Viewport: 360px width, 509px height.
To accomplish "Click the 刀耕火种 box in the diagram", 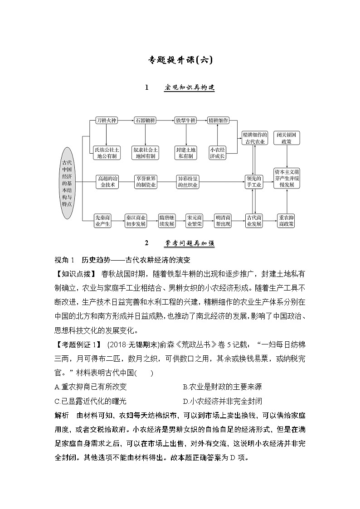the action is (x=107, y=120).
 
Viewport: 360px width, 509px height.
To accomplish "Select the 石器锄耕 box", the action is (x=145, y=120).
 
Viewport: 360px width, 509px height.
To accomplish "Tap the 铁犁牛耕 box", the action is (x=185, y=120).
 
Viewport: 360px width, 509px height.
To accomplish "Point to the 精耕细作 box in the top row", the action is (x=218, y=120).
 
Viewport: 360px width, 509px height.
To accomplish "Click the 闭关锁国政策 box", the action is (x=287, y=138).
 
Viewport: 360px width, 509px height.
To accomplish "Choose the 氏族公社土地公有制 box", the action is (x=107, y=152).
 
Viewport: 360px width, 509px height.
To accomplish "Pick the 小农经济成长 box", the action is (x=218, y=152).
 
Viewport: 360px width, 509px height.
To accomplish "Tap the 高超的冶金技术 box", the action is (x=107, y=182).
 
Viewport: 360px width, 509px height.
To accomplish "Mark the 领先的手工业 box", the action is (x=254, y=182).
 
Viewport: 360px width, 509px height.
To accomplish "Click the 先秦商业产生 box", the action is (x=102, y=220).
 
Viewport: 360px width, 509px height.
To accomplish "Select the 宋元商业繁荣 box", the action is (x=195, y=220).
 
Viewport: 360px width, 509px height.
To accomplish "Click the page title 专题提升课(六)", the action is (x=180, y=59).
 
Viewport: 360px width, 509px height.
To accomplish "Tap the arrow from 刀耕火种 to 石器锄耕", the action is (x=126, y=120).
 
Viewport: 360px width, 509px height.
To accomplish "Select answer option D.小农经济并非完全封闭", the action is (x=223, y=401).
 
